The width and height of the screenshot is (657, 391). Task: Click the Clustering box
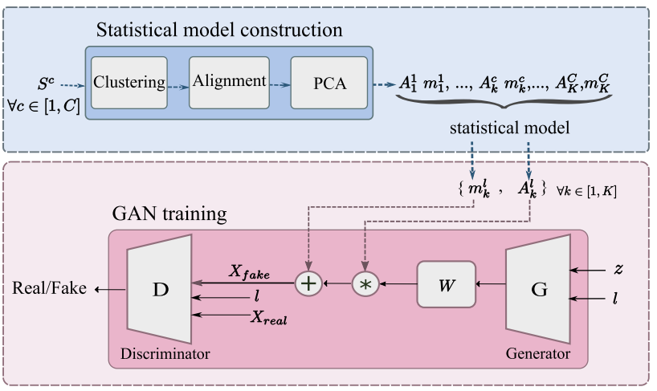click(x=129, y=82)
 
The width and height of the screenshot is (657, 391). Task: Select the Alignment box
click(x=231, y=82)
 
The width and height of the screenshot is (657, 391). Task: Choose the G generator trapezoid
click(x=539, y=288)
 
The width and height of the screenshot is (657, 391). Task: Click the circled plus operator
click(x=308, y=283)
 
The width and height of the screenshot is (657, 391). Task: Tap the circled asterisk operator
click(x=365, y=283)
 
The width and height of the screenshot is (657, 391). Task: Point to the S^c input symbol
click(x=47, y=83)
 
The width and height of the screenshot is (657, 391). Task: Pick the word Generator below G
click(x=537, y=353)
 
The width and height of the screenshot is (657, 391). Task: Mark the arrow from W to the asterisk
click(x=398, y=283)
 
